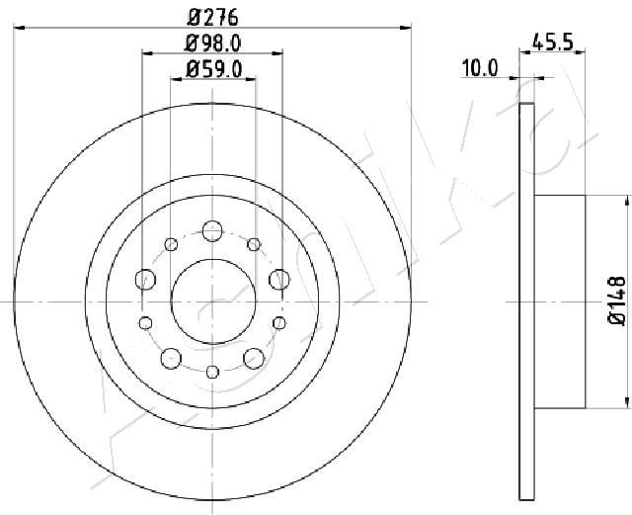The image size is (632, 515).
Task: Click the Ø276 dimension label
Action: coord(213,18)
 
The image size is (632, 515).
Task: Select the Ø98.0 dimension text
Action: coord(213,43)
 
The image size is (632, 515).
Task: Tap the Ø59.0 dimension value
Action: coord(213,69)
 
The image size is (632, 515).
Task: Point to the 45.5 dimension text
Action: coord(553,42)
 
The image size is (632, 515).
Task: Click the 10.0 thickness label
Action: coord(480,68)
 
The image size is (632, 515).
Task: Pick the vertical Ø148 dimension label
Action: coord(616,300)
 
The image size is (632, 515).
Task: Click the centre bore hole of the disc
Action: coord(213,301)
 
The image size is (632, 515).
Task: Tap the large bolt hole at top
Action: coord(212,231)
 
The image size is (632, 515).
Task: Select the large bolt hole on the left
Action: coord(145,280)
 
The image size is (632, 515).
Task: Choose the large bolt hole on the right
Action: coord(279,280)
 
